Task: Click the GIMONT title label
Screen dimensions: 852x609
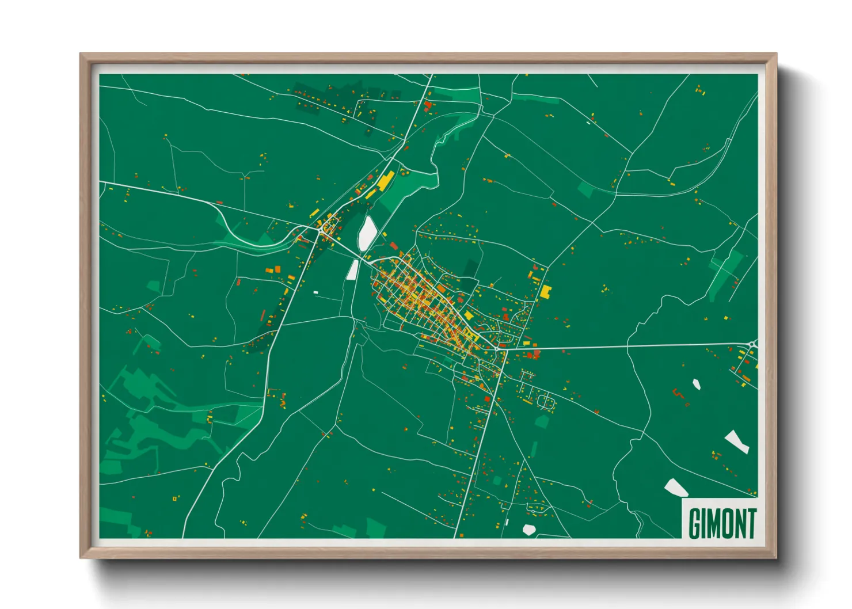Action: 722,523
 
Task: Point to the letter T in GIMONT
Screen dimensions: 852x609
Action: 751,523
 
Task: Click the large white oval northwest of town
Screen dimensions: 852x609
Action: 367,233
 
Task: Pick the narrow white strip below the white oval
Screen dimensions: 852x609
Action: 352,269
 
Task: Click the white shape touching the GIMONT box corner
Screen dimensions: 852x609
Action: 675,488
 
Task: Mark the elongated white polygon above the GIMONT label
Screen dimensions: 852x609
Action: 736,441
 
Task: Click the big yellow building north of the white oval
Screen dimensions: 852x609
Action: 385,180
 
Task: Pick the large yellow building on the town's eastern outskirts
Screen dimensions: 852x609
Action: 545,291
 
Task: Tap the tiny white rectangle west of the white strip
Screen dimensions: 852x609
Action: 315,292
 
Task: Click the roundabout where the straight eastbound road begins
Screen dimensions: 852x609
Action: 496,348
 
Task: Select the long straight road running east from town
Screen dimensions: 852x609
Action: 622,346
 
